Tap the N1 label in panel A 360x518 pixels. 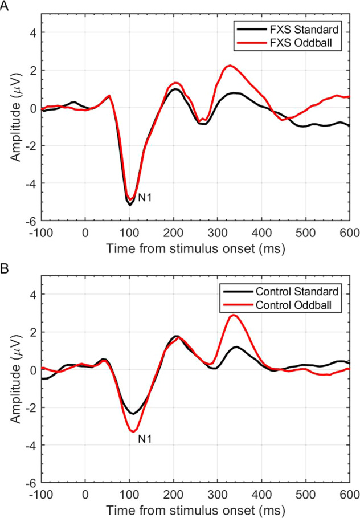[x=145, y=198]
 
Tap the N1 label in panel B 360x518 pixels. [x=145, y=439]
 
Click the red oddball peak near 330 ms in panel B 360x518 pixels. [x=234, y=315]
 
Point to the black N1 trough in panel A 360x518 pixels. [x=130, y=205]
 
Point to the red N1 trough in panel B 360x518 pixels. [x=132, y=431]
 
